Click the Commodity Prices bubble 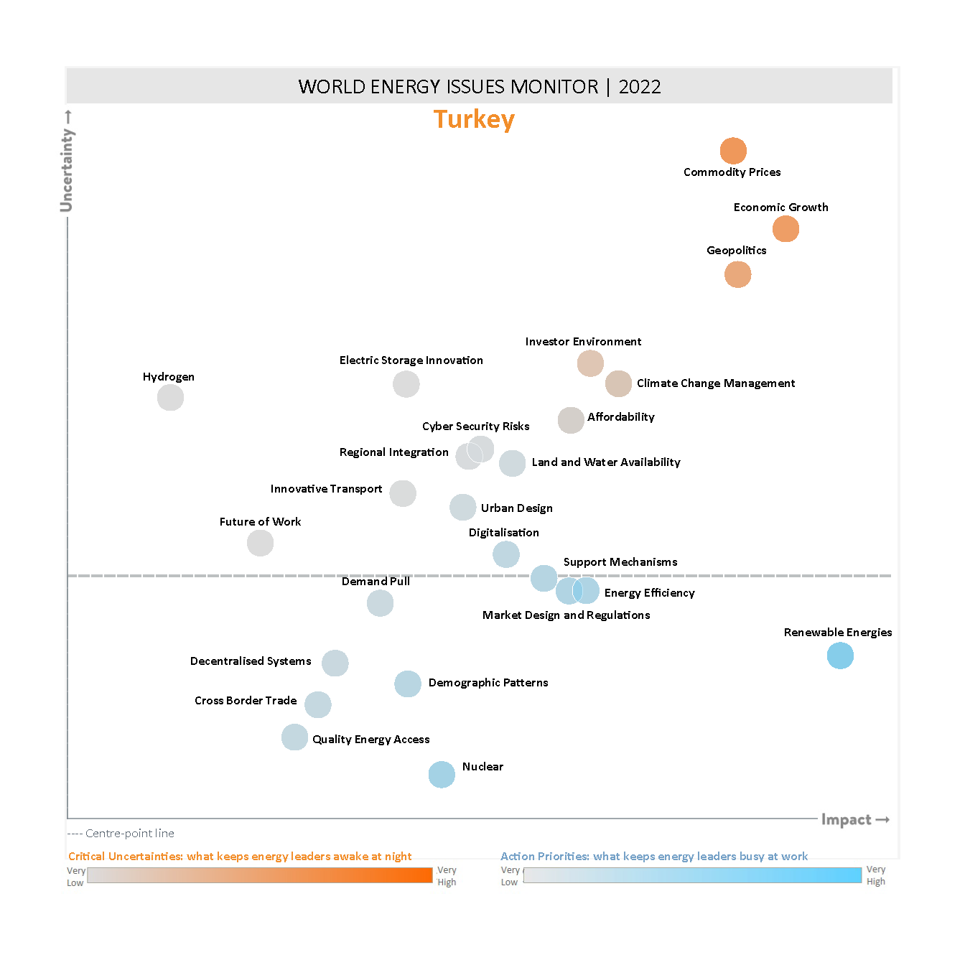[x=733, y=151]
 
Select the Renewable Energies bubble [x=840, y=656]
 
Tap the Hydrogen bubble [x=170, y=397]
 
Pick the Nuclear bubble [x=442, y=775]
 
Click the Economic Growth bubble [x=785, y=229]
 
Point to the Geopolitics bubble [x=737, y=274]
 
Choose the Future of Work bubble [x=260, y=543]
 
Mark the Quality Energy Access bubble [x=294, y=737]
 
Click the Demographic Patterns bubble [x=408, y=684]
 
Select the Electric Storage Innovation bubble [x=406, y=384]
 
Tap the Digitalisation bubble [x=506, y=554]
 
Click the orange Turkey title [x=474, y=119]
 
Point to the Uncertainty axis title [x=67, y=169]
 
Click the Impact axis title [x=846, y=820]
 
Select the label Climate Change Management [x=715, y=383]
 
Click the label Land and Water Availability [x=605, y=462]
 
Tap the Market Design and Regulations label [x=566, y=615]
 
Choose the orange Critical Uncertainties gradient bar [x=259, y=875]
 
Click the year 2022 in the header [x=639, y=87]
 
